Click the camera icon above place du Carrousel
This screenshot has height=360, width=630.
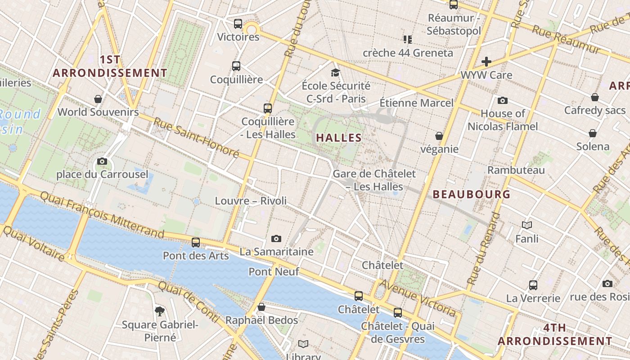pos(102,161)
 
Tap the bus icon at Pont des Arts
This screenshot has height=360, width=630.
pos(196,242)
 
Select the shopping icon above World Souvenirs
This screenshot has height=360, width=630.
pos(98,99)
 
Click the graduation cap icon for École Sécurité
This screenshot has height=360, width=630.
pos(335,72)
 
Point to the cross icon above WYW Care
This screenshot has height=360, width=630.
pos(486,61)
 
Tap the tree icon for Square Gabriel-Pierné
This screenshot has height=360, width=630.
pos(159,310)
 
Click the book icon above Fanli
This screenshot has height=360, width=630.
pos(527,225)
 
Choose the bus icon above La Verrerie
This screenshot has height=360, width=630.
pos(533,285)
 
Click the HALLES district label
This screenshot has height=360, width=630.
pos(339,138)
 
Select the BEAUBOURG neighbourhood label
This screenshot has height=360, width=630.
pos(472,194)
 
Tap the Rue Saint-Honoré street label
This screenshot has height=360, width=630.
pos(196,138)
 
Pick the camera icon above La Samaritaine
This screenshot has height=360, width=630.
pos(276,238)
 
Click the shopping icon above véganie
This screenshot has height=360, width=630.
pos(439,135)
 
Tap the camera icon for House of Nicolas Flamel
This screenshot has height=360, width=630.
pos(503,100)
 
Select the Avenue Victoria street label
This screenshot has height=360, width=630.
pos(418,297)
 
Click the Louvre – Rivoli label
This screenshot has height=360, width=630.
pos(251,201)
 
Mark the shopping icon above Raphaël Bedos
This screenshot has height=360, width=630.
pos(261,307)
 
